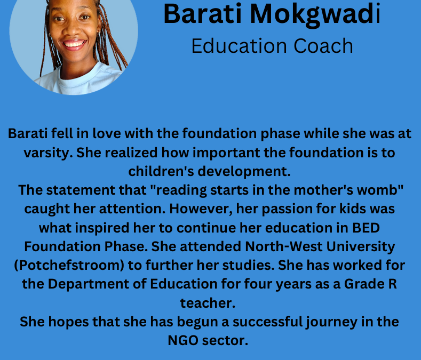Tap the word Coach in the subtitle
[323, 46]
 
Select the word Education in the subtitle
[240, 46]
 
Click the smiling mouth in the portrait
[74, 44]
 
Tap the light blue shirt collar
[81, 77]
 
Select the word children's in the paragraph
[161, 171]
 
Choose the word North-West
[283, 246]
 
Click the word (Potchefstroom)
[69, 266]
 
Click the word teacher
[208, 303]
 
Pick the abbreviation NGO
[183, 341]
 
